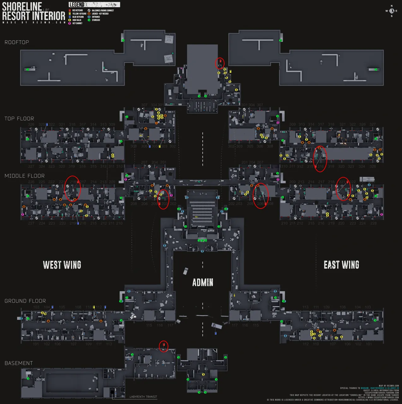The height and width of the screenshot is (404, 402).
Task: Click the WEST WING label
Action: (62, 265)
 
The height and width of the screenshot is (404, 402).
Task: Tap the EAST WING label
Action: (341, 265)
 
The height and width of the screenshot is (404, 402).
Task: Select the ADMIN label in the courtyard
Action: (203, 282)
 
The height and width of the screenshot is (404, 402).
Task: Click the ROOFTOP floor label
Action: (17, 42)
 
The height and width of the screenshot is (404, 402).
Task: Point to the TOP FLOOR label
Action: (19, 119)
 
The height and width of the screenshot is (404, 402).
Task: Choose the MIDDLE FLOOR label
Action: (25, 176)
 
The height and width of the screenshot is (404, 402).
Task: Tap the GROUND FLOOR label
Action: (25, 301)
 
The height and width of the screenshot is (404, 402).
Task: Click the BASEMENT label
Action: (19, 363)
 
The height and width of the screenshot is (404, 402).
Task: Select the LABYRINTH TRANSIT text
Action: (143, 397)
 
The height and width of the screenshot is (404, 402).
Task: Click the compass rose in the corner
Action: (392, 11)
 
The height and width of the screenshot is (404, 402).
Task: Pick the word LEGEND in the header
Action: (77, 5)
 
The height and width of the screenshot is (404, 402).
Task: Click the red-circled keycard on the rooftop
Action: (220, 63)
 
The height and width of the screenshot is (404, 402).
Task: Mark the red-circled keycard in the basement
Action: (163, 346)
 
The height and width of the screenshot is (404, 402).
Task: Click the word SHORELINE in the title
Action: (22, 6)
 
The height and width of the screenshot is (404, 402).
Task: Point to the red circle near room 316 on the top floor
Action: (320, 159)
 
